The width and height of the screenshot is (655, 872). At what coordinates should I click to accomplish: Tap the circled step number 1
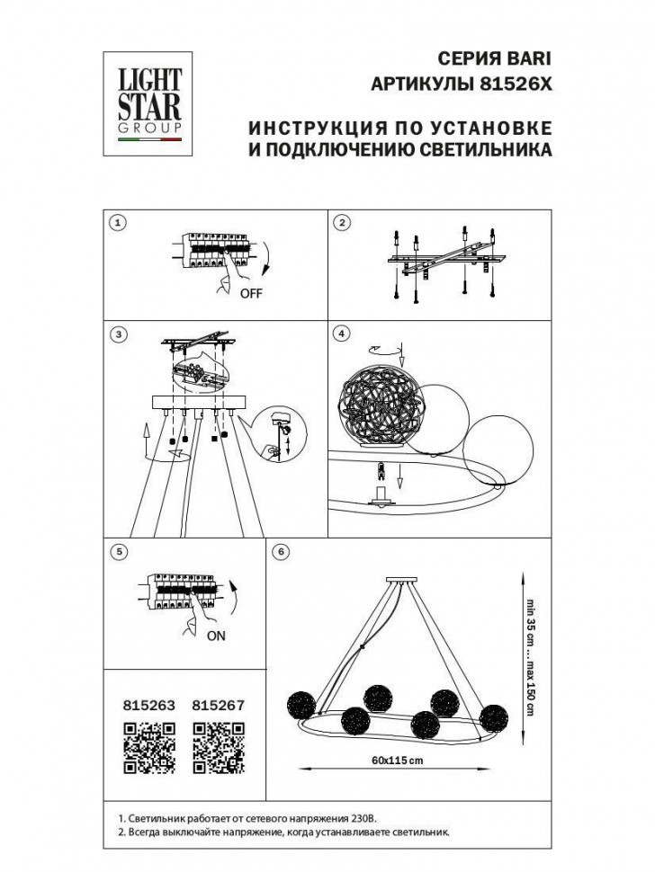pyautogui.click(x=115, y=222)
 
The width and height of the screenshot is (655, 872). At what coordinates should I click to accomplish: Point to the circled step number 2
pyautogui.click(x=342, y=222)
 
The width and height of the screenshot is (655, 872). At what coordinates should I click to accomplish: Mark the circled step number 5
pyautogui.click(x=115, y=551)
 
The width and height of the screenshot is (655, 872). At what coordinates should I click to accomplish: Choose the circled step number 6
pyautogui.click(x=282, y=551)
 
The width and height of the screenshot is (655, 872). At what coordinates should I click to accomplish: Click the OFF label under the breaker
pyautogui.click(x=251, y=293)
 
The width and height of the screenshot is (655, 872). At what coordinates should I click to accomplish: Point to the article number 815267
pyautogui.click(x=220, y=707)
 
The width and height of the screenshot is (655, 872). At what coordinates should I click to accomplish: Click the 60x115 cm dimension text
pyautogui.click(x=396, y=761)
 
